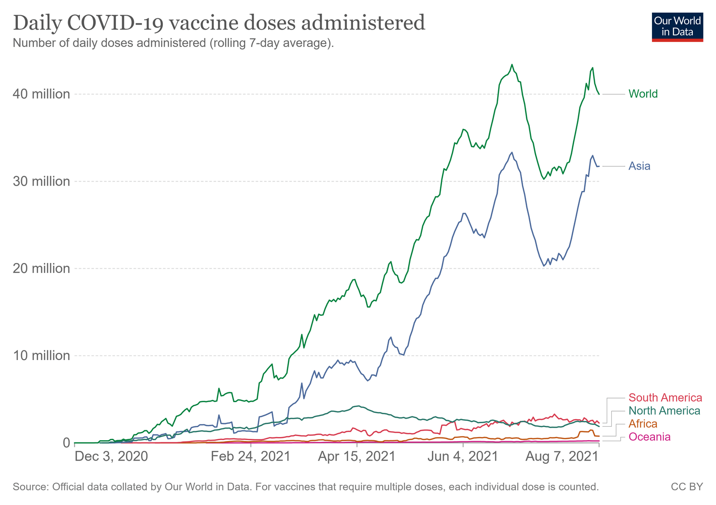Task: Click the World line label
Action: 643,94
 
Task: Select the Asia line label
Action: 639,166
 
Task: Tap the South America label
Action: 665,398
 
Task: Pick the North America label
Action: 664,411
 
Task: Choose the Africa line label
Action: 643,424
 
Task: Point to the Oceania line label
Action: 649,437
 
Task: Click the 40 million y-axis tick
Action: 44,94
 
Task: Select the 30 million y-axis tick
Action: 44,181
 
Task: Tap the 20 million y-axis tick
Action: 44,268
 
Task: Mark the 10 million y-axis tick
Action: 44,356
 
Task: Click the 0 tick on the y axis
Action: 66,442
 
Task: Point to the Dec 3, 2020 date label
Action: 111,457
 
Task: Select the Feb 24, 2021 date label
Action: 251,457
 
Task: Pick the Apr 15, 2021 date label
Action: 357,457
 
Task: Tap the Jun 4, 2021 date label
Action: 463,457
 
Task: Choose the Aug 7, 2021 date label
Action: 562,457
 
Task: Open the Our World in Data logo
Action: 677,27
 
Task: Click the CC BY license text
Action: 686,487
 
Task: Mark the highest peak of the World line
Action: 512,64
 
